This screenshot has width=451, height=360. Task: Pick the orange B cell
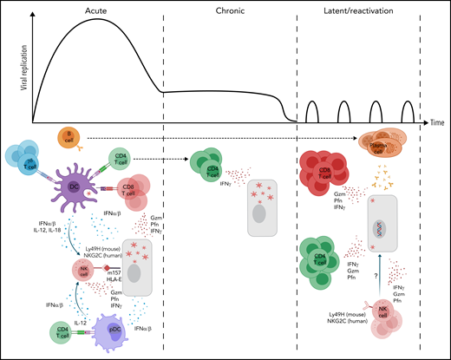click(69, 136)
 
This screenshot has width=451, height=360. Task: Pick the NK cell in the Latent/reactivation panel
click(382, 325)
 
